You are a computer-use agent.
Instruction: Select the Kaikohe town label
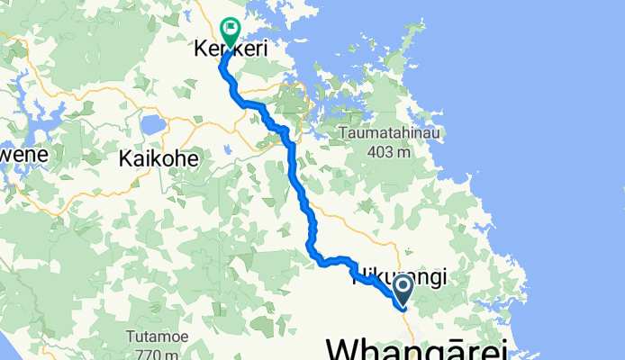158,160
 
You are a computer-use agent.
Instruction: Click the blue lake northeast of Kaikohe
151,123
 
